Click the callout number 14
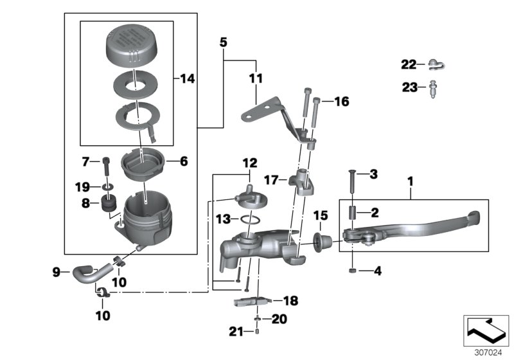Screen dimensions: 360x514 coord(187,79)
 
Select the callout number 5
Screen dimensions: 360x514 coord(223,43)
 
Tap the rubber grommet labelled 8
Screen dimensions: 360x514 coord(107,206)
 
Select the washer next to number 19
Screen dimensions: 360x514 coord(107,186)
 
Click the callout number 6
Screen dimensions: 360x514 coord(184,162)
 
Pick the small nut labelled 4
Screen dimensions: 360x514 coord(355,271)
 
